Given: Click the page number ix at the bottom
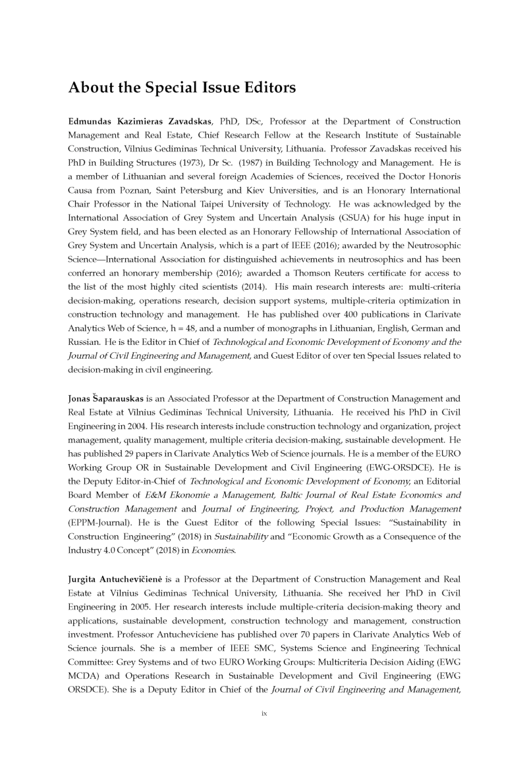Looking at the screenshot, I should coord(264,712).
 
